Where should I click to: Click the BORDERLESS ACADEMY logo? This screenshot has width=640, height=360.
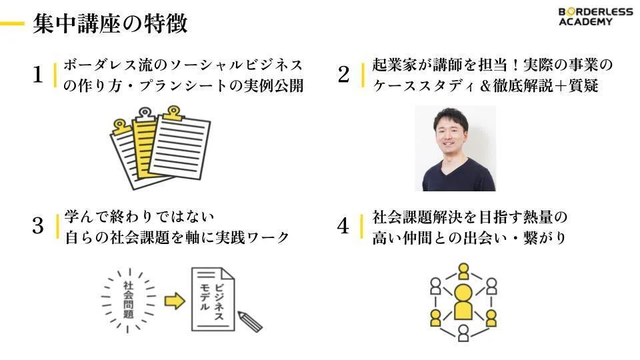coord(595,16)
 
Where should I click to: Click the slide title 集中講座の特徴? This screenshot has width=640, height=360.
coord(110,23)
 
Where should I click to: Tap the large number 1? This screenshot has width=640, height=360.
coord(37,75)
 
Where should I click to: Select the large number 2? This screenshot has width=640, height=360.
coord(343,74)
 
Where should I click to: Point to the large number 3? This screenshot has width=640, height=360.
coord(37,225)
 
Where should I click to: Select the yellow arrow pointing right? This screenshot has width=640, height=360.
coord(175,301)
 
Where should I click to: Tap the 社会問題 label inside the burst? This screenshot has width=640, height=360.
coord(129,300)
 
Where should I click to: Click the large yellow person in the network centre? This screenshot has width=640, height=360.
coord(463,302)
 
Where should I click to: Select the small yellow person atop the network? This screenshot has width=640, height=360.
coord(463,271)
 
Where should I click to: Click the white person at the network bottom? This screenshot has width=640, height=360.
coord(463,333)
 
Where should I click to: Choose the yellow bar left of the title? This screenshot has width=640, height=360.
coord(12,24)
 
